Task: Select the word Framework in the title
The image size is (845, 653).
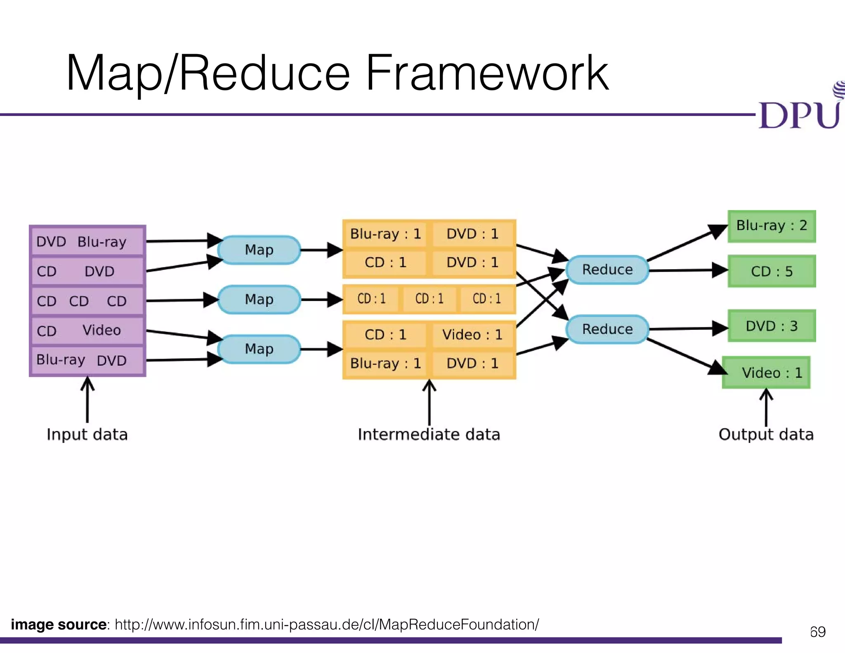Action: pos(487,73)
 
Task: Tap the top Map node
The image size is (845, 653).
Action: pos(259,250)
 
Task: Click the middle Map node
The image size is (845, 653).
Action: pos(259,299)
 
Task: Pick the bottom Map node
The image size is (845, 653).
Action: pos(259,349)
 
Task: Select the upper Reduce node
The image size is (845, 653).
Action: pos(607,270)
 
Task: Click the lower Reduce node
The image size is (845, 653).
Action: pos(607,329)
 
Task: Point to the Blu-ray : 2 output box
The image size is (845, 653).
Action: pos(772,226)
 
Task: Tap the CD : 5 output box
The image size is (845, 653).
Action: pos(772,271)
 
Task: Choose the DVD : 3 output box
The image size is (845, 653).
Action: pos(772,326)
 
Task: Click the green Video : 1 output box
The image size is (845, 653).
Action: pos(767,373)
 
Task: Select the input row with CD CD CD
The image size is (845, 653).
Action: pos(87,301)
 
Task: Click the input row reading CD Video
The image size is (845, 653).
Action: pos(87,331)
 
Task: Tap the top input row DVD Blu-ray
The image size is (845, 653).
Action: pos(87,241)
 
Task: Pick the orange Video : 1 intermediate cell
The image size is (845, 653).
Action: pos(472,335)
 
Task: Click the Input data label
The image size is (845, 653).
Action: pos(87,435)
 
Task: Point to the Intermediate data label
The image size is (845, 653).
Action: pos(429,435)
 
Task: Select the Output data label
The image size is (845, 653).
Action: pos(766,435)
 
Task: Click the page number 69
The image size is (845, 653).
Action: pos(818,632)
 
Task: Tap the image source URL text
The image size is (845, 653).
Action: pos(327,625)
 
